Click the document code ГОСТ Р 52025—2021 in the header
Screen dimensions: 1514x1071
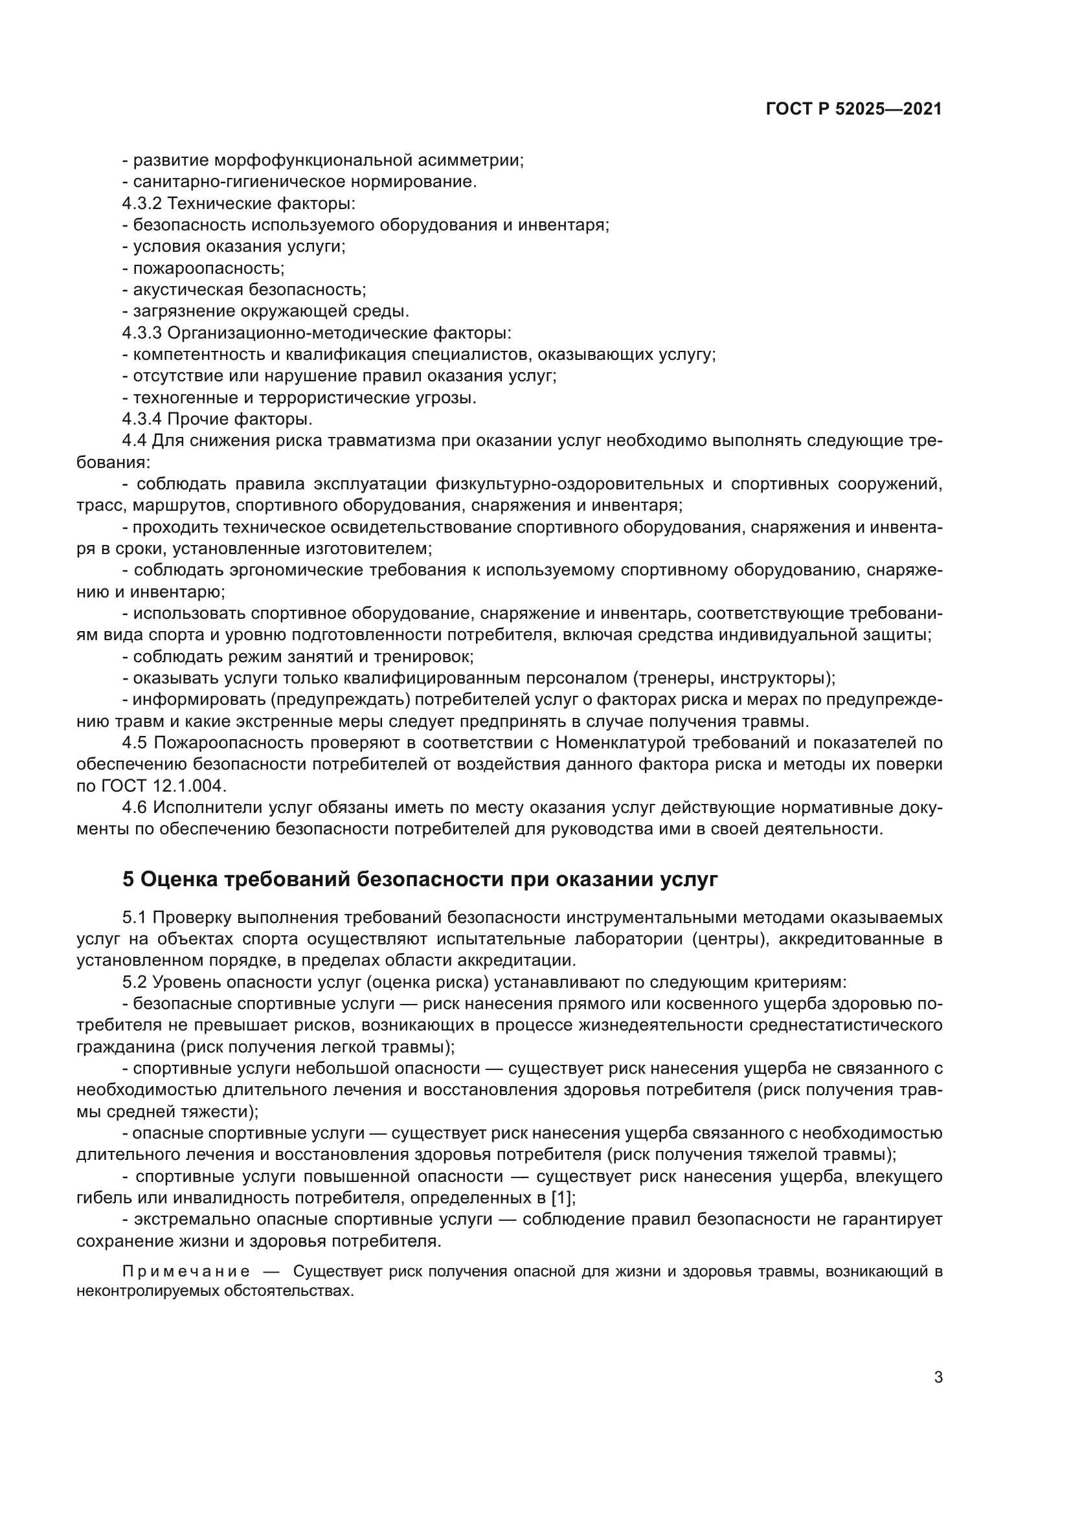pos(853,109)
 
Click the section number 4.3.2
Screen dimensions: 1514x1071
pos(142,203)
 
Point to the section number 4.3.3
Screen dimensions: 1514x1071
pos(142,333)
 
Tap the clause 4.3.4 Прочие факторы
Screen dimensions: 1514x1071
pos(218,419)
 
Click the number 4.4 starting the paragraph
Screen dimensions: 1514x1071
pos(134,441)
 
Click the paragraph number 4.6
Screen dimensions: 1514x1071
pos(134,807)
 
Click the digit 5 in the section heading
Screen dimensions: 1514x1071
pos(128,880)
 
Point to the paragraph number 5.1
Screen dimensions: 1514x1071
pos(134,917)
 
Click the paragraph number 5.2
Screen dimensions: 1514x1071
pos(134,982)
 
